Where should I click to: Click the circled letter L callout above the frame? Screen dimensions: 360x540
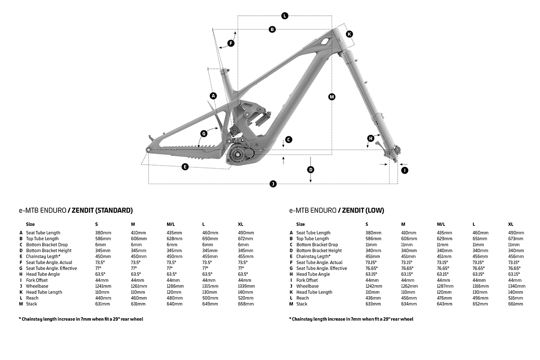click(x=284, y=16)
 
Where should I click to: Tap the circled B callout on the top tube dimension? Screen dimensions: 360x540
click(x=272, y=30)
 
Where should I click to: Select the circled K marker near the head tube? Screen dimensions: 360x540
click(x=349, y=34)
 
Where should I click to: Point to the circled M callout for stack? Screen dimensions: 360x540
click(x=332, y=97)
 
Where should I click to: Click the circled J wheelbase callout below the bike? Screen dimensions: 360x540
click(x=273, y=184)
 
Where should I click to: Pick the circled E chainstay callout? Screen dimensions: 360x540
click(x=185, y=167)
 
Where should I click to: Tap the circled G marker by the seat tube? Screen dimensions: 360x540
click(x=204, y=133)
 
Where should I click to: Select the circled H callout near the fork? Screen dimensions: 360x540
click(x=371, y=138)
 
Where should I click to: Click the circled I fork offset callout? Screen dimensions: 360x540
click(x=405, y=170)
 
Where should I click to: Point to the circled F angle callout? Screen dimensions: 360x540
click(x=231, y=43)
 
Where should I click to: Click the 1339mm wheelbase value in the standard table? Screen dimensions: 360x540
click(x=246, y=286)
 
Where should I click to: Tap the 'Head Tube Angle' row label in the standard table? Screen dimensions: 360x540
click(x=43, y=274)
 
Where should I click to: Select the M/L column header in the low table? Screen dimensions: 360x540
click(x=441, y=224)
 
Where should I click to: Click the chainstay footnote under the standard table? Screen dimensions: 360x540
click(x=81, y=319)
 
